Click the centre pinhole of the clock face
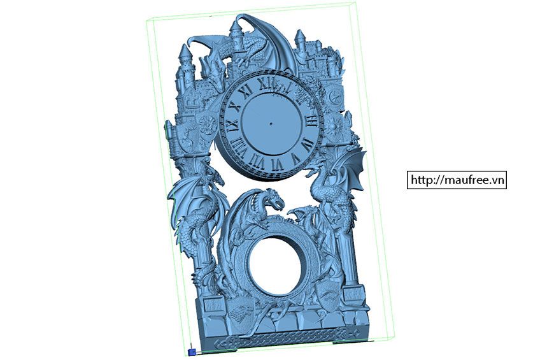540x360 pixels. click(271, 124)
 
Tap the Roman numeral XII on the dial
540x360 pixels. click(268, 83)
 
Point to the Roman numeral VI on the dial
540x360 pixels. click(277, 164)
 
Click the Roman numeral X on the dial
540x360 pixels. click(235, 106)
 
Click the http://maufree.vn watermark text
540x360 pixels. click(457, 180)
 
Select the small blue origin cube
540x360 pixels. click(192, 352)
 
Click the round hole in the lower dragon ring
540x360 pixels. click(275, 265)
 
